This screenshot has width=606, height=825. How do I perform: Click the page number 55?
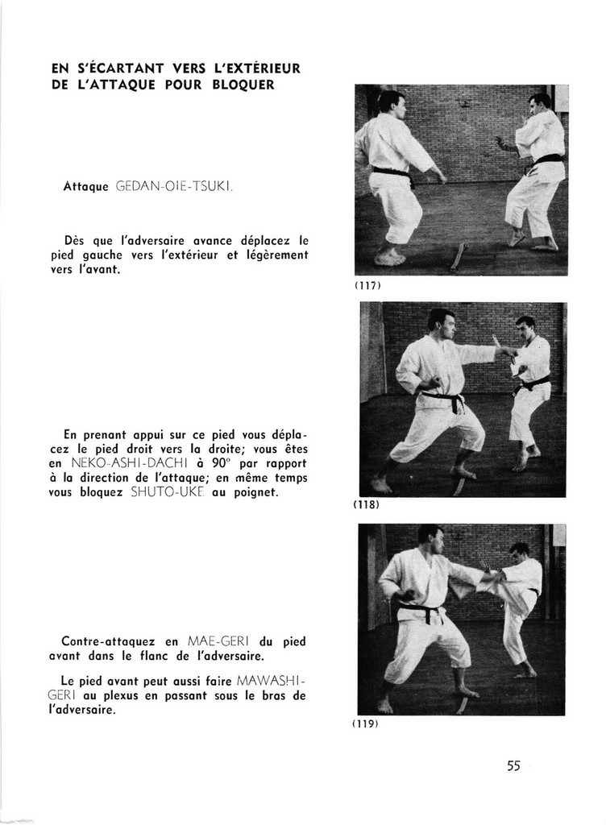click(x=513, y=766)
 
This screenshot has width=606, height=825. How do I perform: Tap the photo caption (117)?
click(x=367, y=285)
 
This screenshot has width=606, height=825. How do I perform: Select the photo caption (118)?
click(x=367, y=505)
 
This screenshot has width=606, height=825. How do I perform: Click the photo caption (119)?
click(x=366, y=723)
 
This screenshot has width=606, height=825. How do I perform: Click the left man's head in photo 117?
click(x=391, y=103)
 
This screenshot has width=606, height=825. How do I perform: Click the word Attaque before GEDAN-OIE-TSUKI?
click(x=85, y=186)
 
